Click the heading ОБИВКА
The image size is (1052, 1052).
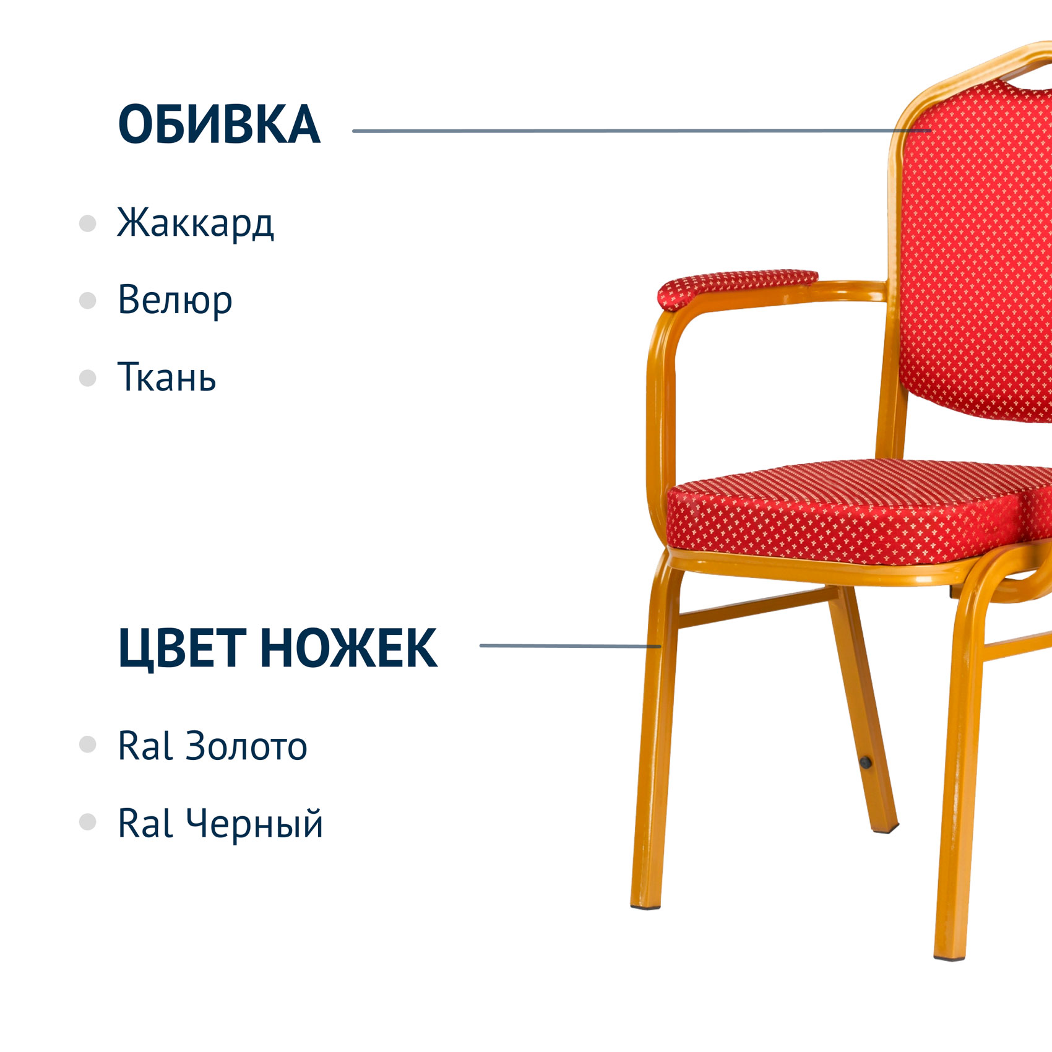point(219,124)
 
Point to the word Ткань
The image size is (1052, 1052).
point(166,376)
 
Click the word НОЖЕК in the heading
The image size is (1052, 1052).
point(349,647)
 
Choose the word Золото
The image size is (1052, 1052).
point(246,746)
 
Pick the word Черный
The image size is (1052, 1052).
point(254,824)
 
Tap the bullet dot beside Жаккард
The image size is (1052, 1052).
point(88,223)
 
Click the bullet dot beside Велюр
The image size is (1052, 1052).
point(88,301)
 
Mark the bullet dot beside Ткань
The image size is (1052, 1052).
point(88,378)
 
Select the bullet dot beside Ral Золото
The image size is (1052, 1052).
point(88,744)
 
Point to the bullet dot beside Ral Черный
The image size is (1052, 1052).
point(88,822)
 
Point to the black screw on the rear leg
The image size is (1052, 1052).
point(866,762)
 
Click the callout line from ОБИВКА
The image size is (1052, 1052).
point(642,131)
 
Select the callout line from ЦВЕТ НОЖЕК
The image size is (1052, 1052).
point(571,646)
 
